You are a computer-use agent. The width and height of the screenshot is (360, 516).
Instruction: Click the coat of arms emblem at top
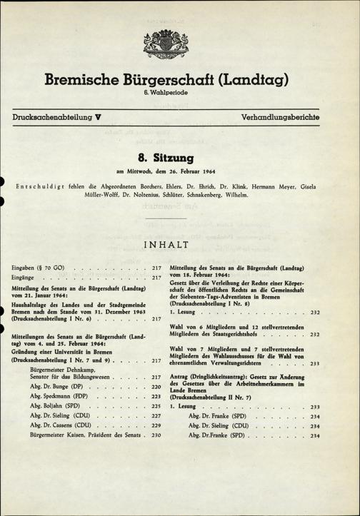(x=179, y=49)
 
